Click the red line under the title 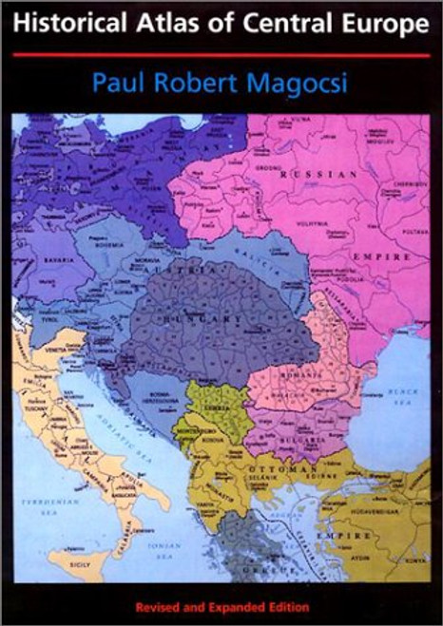click(221, 55)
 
